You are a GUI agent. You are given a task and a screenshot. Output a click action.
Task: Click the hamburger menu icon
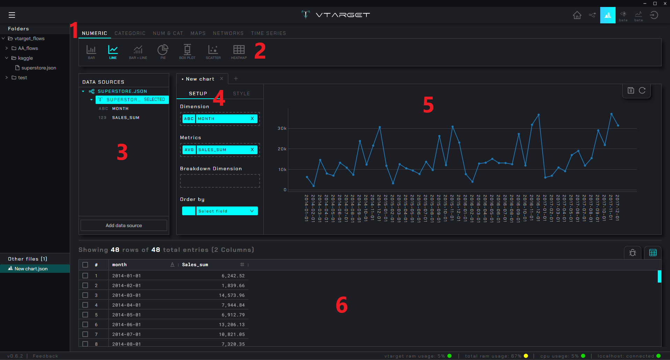[12, 15]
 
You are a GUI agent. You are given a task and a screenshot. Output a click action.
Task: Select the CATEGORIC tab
[130, 33]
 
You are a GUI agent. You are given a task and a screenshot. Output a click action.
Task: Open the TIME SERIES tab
[268, 33]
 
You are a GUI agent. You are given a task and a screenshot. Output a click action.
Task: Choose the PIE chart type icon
[163, 52]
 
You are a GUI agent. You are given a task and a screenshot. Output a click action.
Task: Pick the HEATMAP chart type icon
[239, 52]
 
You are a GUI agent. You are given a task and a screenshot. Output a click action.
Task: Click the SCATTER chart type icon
[213, 52]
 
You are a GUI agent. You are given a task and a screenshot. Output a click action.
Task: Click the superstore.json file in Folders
[38, 68]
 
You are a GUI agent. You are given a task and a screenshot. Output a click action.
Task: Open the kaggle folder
[25, 58]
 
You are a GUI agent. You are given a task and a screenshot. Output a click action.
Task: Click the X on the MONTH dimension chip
[252, 119]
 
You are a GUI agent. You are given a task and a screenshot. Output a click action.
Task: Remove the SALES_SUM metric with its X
[252, 150]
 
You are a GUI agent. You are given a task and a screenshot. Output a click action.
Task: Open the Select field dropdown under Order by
[226, 211]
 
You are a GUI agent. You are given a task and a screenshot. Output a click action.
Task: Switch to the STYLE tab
[241, 93]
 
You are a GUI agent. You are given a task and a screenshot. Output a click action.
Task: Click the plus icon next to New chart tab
[236, 78]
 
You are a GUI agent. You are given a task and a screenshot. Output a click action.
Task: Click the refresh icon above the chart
[642, 90]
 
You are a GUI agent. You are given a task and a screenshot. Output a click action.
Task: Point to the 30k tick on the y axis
[282, 128]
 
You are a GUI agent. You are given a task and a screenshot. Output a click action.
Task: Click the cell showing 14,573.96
[232, 295]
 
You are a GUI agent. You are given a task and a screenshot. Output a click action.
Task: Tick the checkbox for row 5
[85, 315]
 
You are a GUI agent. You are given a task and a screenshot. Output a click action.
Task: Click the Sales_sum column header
[195, 265]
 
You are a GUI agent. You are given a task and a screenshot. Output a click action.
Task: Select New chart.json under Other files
[31, 269]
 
